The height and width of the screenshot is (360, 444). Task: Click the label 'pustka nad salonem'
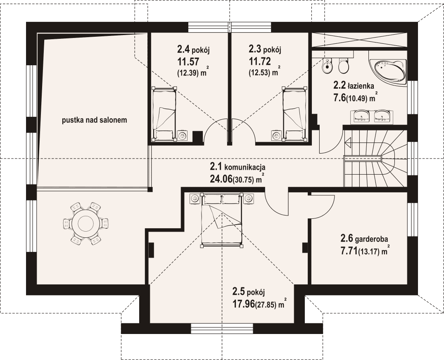pos(95,120)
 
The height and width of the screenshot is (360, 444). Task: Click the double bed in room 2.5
pos(222,220)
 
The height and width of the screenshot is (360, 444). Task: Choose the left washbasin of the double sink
pos(361,116)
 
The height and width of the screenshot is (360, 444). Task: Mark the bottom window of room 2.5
pos(222,329)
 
